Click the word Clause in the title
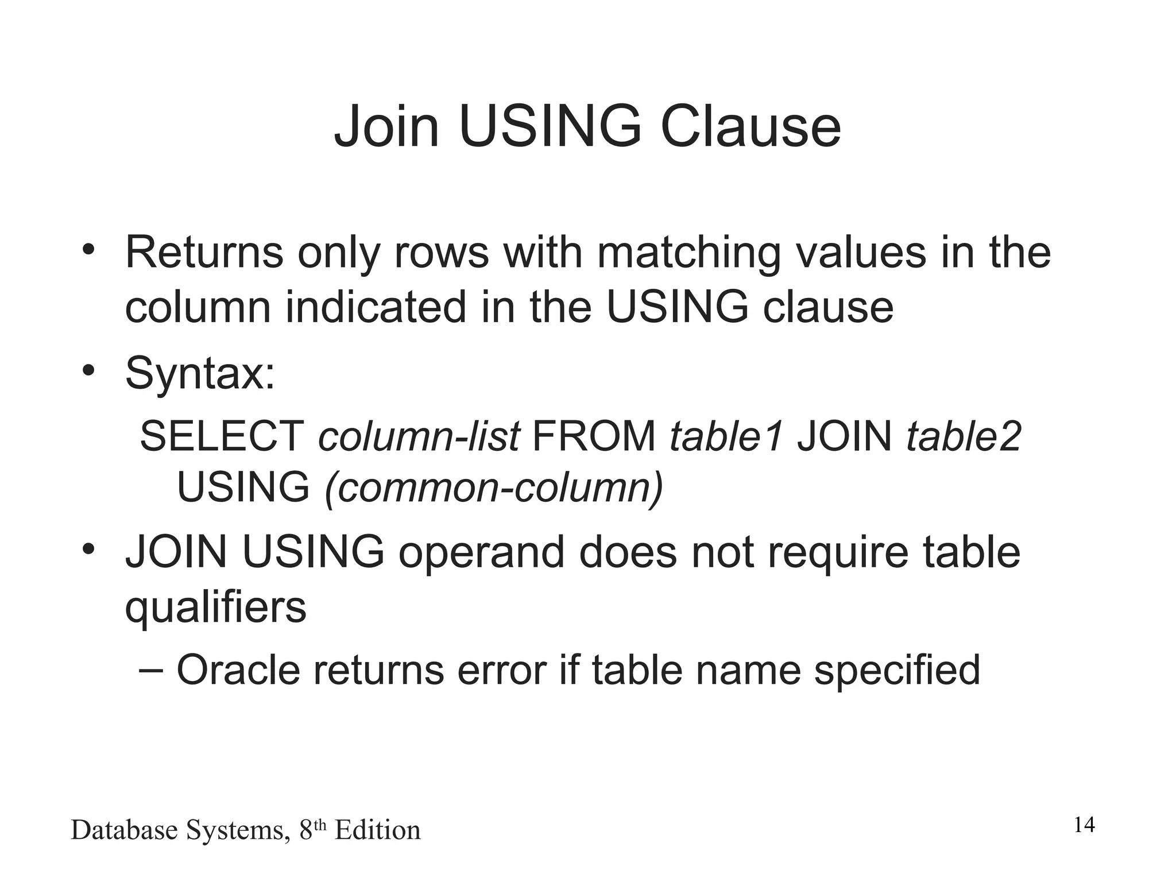(x=751, y=126)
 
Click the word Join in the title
(x=386, y=126)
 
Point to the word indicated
(x=376, y=307)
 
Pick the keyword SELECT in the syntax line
(x=222, y=436)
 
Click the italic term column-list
(x=419, y=436)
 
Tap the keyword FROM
(x=594, y=436)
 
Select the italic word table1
(x=726, y=436)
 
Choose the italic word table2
(x=964, y=436)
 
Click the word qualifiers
(x=215, y=608)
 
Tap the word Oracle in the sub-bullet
(x=238, y=670)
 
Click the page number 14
(x=1084, y=825)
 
